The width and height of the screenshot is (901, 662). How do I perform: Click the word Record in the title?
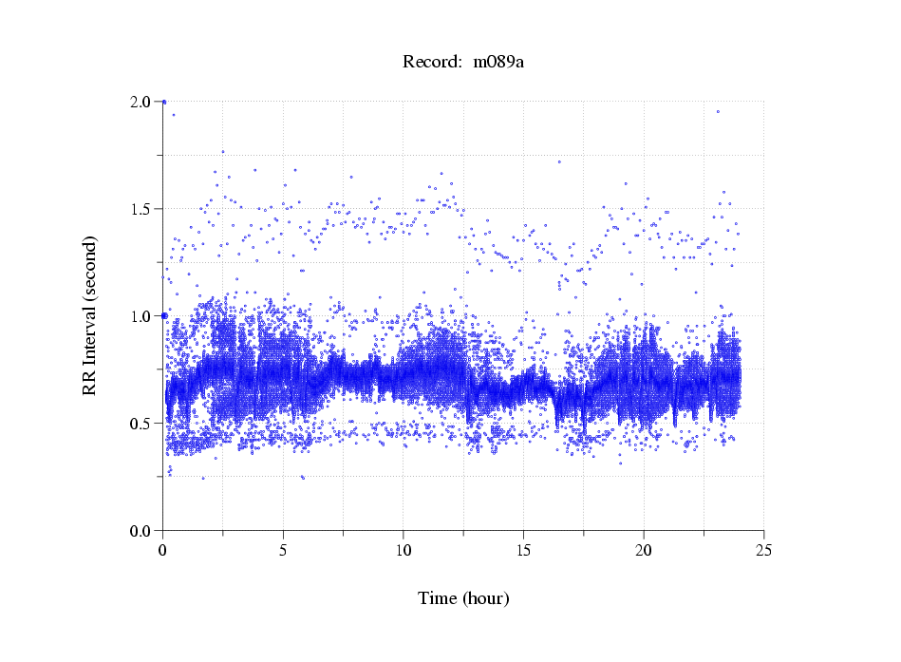click(x=432, y=63)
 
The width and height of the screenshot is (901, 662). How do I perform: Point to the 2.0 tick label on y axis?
click(x=141, y=102)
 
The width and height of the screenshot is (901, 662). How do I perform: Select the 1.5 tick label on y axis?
click(x=141, y=209)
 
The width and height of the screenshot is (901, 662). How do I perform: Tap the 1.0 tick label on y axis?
click(x=141, y=316)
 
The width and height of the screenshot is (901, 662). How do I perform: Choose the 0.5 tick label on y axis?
click(x=141, y=424)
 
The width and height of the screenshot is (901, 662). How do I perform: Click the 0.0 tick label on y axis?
click(x=141, y=531)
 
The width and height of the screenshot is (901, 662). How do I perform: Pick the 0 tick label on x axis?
click(x=163, y=550)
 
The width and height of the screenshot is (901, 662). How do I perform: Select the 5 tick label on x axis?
click(x=283, y=550)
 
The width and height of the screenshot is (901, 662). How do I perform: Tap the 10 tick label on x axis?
click(x=404, y=550)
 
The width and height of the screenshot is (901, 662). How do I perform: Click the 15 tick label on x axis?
click(x=523, y=550)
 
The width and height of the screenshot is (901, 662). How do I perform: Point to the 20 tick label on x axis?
click(x=644, y=550)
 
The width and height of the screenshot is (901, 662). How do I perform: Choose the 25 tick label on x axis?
click(x=763, y=550)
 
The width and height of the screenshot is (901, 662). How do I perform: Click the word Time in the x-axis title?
click(x=438, y=598)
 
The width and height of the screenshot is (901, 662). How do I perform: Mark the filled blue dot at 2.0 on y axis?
click(x=164, y=102)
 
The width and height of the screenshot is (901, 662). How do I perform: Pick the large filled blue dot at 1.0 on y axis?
click(x=164, y=315)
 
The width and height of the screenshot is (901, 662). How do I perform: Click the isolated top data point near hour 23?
click(x=718, y=111)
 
